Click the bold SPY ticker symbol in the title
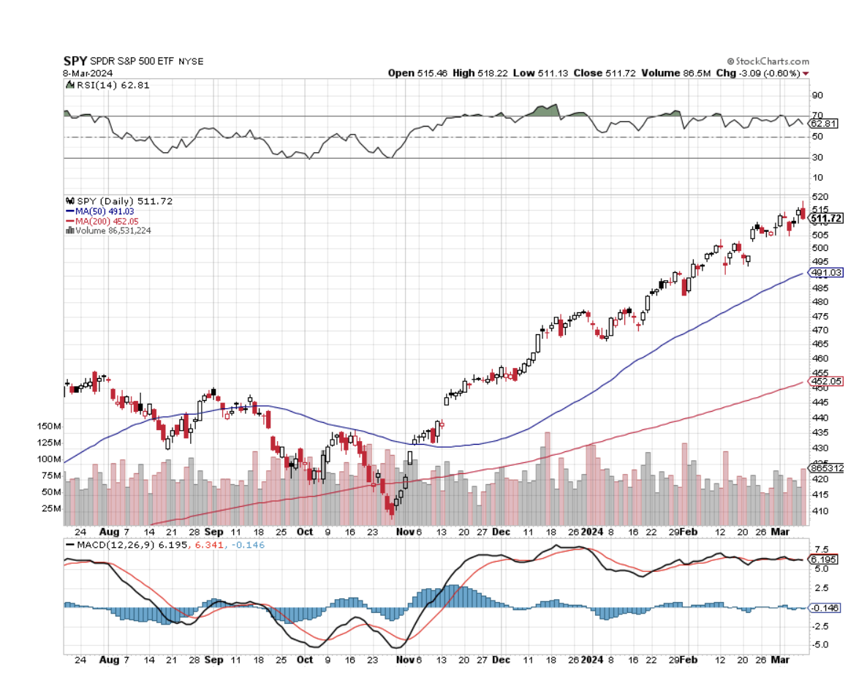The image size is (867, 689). point(75,61)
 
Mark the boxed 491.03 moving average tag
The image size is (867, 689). point(825,273)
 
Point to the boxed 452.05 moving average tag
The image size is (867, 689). point(825,382)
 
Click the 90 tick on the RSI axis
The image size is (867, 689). point(816,95)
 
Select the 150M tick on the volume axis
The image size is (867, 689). point(49,426)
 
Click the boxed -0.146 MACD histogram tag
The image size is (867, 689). point(825,608)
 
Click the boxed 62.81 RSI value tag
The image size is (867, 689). point(822,124)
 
